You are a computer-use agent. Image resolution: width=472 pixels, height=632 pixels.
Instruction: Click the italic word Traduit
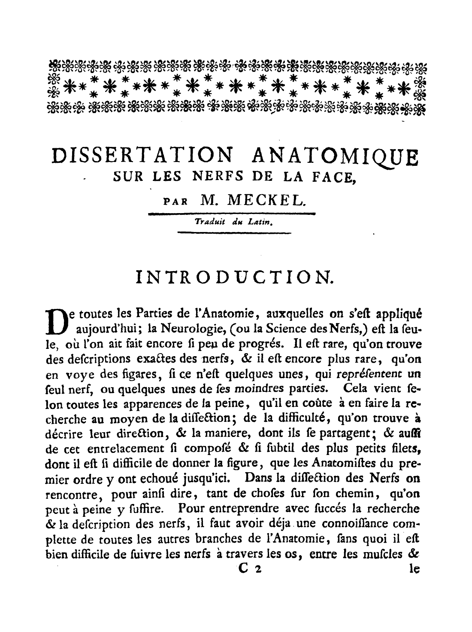[x=209, y=223]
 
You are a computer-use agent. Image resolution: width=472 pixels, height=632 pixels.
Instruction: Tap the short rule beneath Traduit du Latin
[x=234, y=233]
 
